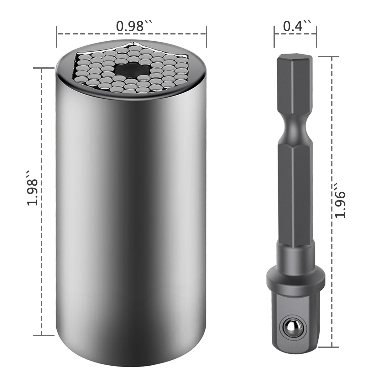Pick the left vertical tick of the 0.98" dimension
click(57, 37)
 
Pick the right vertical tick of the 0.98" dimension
click(206, 37)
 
